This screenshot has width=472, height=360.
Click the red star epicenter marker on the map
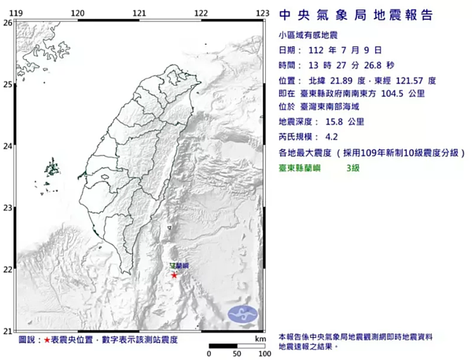coord(174,274)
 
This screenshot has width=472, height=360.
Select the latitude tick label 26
coord(7,24)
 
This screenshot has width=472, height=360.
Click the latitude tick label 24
coord(7,146)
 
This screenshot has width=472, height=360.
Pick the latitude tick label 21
coord(7,331)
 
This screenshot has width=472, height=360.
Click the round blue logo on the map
coord(242,314)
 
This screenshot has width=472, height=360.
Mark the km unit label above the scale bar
coord(260,339)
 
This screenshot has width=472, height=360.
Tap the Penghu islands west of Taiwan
coord(52,167)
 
